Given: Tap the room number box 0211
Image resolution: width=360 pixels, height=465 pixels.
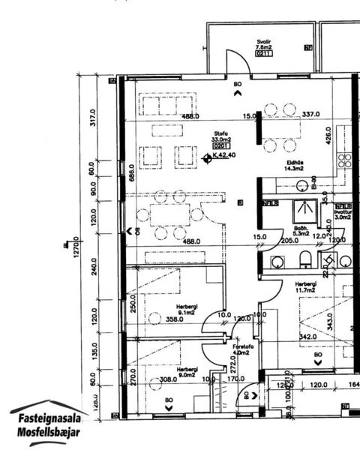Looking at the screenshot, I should pos(262,54).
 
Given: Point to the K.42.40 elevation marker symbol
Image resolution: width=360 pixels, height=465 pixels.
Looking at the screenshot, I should pos(209,156).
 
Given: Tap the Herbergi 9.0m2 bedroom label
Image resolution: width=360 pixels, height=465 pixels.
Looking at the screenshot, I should pos(187,373).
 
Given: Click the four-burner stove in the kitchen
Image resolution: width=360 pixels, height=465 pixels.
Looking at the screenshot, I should pos(346,160).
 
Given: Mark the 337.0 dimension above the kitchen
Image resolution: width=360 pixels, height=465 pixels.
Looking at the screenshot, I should pos(310,115).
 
